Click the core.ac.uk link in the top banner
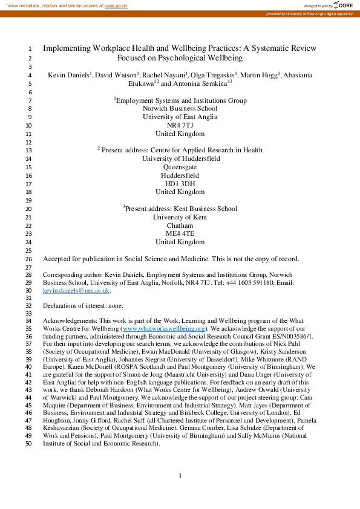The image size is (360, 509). pos(116,5)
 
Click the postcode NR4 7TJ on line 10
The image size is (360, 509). pos(180,125)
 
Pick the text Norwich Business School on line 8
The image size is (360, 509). pos(180,108)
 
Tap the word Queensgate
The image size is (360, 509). pos(180,167)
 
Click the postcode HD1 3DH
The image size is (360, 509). pos(180,184)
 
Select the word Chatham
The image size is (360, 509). pos(180,225)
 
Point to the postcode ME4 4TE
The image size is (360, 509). pos(180,234)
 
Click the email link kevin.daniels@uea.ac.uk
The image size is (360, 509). pos(76,291)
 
